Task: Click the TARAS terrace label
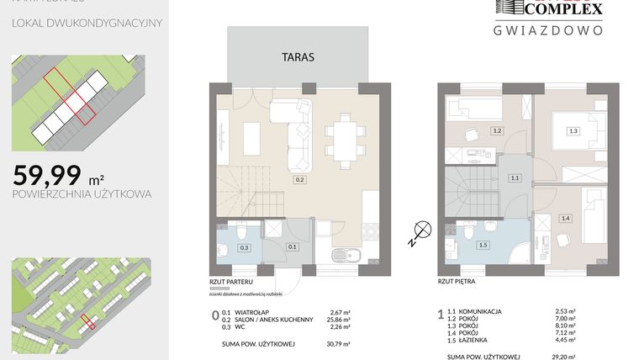pos(298,58)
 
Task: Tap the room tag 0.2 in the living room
pos(298,179)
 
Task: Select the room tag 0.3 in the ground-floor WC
pos(245,247)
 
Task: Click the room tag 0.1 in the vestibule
pos(292,247)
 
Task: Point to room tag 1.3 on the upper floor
pos(573,130)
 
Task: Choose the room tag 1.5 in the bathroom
pos(483,245)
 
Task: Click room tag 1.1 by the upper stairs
pos(515,178)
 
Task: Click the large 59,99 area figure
pos(47,175)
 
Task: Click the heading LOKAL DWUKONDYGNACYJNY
pos(87,23)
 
